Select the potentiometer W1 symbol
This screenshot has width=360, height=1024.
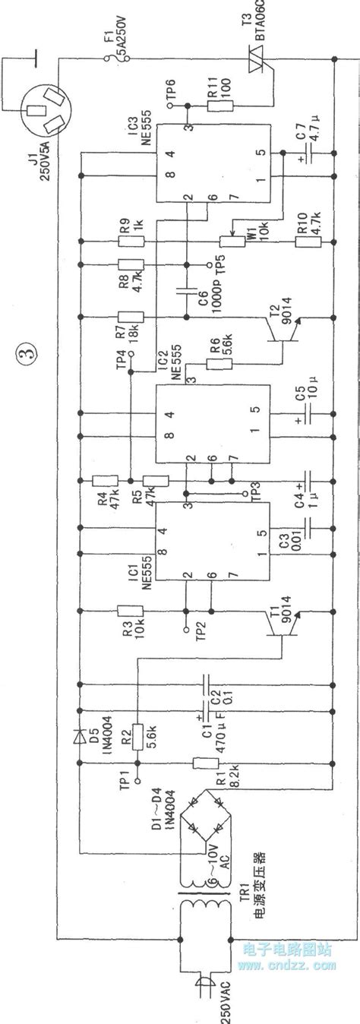coord(226,241)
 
